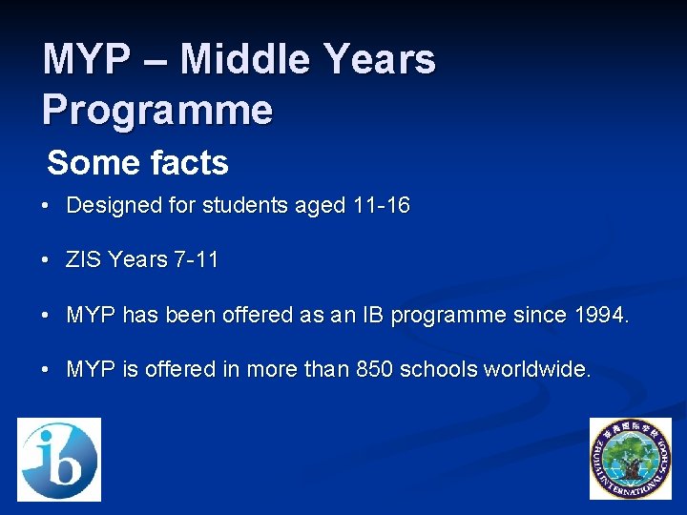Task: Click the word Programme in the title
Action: tap(157, 110)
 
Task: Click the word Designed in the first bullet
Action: tap(110, 205)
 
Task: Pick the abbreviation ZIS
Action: tap(83, 259)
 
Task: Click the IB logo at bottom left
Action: tap(59, 459)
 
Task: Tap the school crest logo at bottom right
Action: tap(630, 459)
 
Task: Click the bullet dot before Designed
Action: tap(46, 206)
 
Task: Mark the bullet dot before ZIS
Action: tap(46, 260)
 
